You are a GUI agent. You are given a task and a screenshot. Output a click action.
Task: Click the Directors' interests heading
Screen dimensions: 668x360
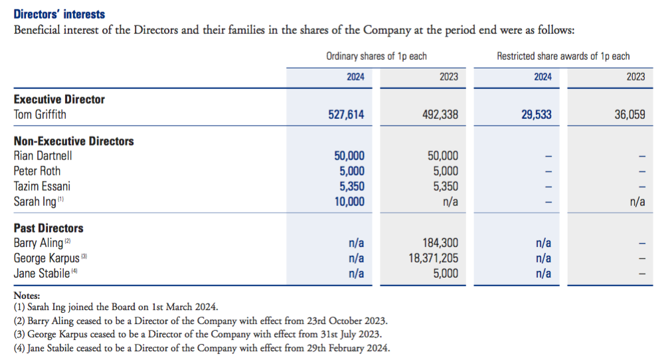click(x=59, y=15)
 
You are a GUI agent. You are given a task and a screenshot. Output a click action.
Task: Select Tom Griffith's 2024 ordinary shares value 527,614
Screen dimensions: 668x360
click(x=346, y=115)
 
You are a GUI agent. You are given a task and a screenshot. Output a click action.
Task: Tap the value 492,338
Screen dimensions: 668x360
click(x=440, y=115)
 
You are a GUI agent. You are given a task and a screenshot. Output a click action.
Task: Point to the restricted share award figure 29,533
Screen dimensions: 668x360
click(x=537, y=115)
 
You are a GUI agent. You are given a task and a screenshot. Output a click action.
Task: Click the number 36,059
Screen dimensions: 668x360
click(x=629, y=115)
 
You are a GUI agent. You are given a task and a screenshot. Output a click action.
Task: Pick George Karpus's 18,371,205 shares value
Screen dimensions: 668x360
click(x=433, y=258)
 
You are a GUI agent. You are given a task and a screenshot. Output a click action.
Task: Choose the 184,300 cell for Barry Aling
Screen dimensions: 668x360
click(x=440, y=243)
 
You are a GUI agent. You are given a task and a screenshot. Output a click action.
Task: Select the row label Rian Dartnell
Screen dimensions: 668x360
click(x=42, y=155)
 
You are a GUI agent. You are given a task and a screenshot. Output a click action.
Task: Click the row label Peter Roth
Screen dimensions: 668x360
click(x=37, y=171)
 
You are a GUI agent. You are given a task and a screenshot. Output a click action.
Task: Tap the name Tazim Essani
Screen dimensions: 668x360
click(x=42, y=186)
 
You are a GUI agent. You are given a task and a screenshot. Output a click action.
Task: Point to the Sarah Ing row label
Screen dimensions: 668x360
click(x=35, y=201)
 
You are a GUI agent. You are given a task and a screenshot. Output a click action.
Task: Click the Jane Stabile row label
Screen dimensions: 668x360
click(x=42, y=273)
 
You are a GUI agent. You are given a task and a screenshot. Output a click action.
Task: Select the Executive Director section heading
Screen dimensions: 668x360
click(x=59, y=99)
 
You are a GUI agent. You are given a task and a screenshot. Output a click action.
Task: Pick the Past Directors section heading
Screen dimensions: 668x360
click(x=48, y=228)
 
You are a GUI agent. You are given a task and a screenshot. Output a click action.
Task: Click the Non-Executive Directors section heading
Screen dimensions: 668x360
click(x=74, y=141)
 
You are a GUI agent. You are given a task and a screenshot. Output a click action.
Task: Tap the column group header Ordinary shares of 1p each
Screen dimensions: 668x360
click(x=376, y=56)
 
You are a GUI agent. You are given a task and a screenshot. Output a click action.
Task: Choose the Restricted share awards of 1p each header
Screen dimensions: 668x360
click(x=563, y=56)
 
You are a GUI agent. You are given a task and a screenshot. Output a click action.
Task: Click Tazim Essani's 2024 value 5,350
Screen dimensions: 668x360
click(x=352, y=186)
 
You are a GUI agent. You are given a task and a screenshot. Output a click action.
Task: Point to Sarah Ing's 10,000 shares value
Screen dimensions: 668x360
click(x=349, y=201)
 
